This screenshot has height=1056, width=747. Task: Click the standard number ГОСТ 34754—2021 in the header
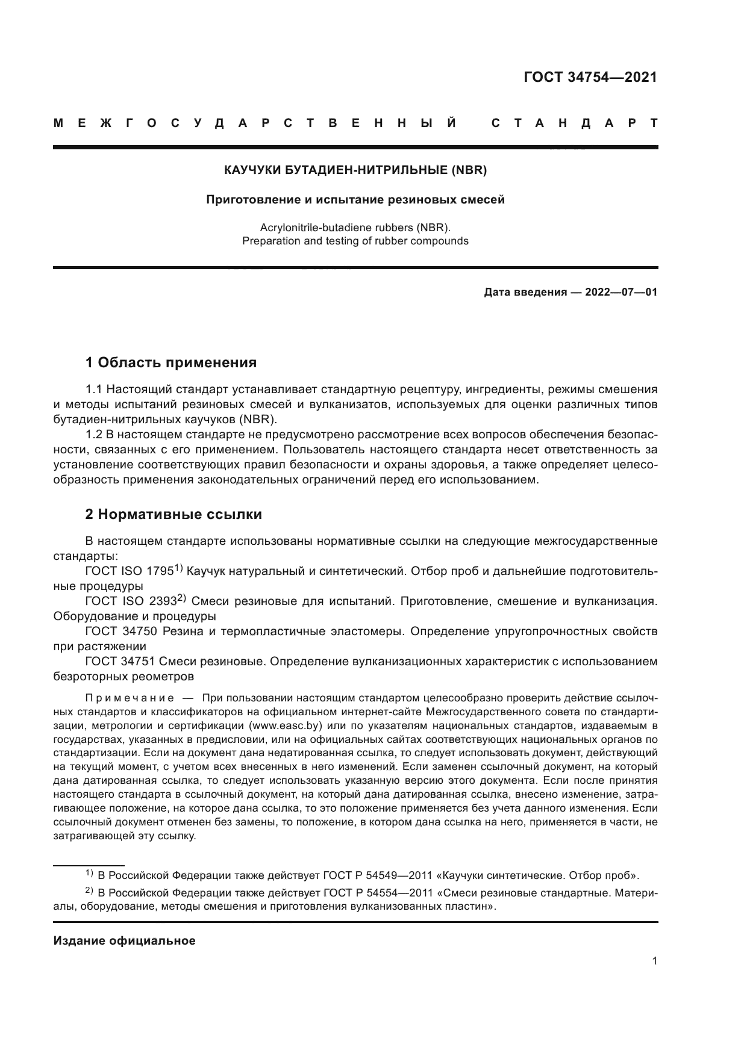point(590,78)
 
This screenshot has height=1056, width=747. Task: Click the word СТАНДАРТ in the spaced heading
point(574,123)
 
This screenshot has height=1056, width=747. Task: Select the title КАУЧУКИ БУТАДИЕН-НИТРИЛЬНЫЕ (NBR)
point(355,170)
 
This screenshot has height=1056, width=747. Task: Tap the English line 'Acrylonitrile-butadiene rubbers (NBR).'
point(355,228)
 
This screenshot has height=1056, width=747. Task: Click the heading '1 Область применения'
point(171,362)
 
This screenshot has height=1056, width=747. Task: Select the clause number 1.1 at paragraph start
point(95,389)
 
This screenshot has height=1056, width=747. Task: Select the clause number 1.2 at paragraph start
point(95,434)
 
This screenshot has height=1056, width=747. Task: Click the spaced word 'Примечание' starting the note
point(130,698)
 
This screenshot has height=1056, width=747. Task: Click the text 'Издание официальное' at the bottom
point(124,941)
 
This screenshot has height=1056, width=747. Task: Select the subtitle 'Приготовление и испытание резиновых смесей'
point(355,200)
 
